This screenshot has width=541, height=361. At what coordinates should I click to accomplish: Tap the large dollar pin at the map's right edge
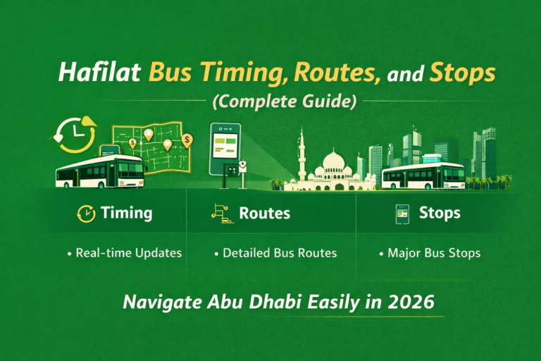coord(187,141)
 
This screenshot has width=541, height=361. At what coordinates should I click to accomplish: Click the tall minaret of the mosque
coord(301,155)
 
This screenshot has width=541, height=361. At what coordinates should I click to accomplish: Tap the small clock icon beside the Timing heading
coord(85,212)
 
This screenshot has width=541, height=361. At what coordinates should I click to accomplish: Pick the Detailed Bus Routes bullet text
coord(276,252)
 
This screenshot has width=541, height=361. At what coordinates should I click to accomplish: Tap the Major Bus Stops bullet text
coord(430,252)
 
